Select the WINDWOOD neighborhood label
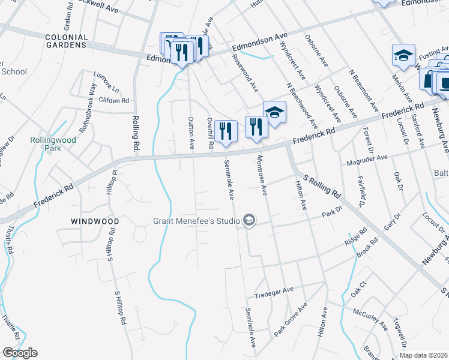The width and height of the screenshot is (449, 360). [x=95, y=221]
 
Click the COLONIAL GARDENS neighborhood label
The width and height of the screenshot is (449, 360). [x=66, y=41]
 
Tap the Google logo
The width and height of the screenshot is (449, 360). [x=20, y=353]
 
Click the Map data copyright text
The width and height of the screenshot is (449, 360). [x=424, y=355]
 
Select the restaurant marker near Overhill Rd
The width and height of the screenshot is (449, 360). [x=226, y=131]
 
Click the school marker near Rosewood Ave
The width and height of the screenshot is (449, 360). [x=274, y=112]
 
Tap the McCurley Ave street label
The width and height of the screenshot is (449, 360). [x=370, y=318]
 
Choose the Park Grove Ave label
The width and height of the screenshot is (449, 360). [x=291, y=319]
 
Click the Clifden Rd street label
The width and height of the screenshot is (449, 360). [x=114, y=101]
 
